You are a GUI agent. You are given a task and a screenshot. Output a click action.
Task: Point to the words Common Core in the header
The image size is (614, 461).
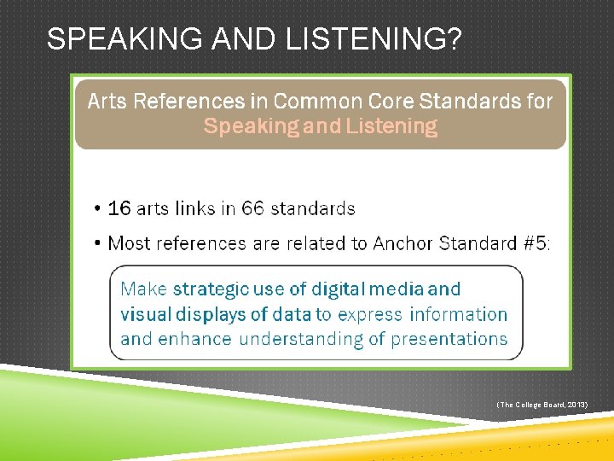point(339,102)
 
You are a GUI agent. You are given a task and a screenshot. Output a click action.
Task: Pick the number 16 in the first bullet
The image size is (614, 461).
point(119,208)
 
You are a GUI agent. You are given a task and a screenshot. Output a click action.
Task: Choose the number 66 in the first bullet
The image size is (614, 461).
point(253,208)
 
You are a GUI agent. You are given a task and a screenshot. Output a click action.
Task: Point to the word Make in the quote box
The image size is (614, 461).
point(144,289)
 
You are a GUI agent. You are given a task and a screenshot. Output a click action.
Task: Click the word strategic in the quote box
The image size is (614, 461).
point(213,289)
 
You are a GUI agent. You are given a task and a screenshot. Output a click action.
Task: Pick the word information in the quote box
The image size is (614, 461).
point(459,314)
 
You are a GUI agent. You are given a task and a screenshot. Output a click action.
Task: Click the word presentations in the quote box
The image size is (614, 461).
point(449,339)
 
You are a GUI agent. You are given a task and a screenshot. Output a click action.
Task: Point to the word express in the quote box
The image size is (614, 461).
point(371,314)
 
